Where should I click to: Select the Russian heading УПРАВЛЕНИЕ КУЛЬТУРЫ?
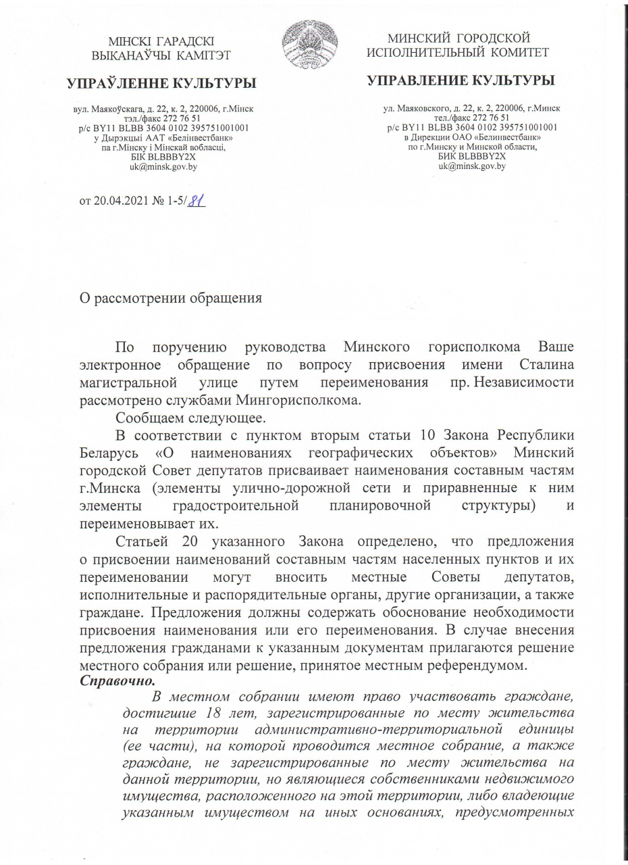pos(461,81)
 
